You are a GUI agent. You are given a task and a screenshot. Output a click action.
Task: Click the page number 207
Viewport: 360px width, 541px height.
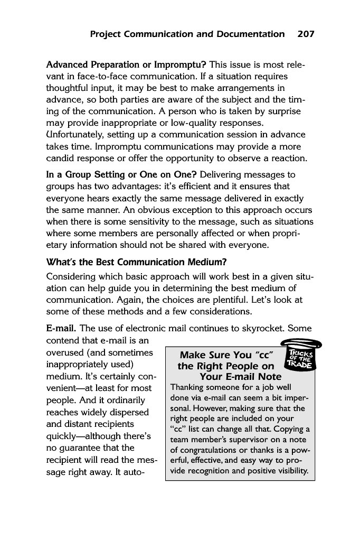tap(306, 34)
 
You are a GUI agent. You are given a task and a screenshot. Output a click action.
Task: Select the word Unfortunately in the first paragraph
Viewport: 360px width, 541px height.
tap(79, 135)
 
